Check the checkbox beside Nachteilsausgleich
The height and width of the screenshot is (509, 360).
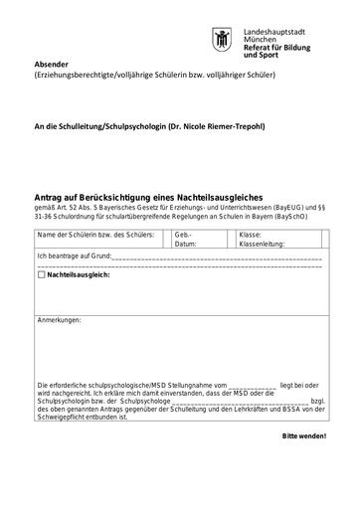[41, 273]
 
